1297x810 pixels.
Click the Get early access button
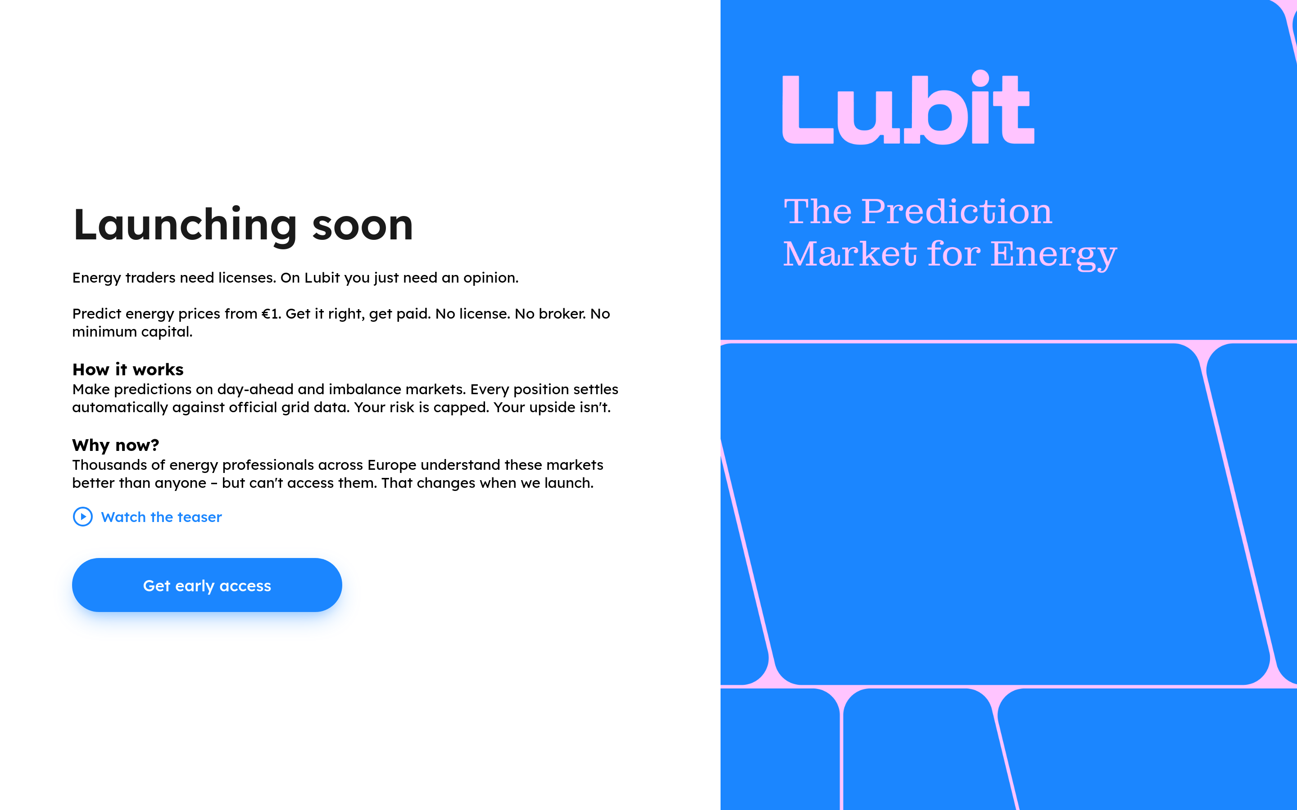(x=207, y=585)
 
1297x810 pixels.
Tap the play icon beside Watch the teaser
(x=82, y=517)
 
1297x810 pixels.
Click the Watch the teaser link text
(x=161, y=517)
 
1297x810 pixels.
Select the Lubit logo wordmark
(x=908, y=109)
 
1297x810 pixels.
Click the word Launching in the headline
(x=185, y=225)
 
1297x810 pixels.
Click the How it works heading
(x=127, y=369)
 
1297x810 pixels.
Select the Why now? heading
(x=115, y=445)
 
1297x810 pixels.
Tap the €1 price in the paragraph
(x=270, y=314)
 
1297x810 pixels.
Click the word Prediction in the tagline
(x=957, y=211)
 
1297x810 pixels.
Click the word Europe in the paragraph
(x=391, y=465)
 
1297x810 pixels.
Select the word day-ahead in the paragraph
(x=255, y=389)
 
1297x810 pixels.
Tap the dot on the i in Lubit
(x=980, y=78)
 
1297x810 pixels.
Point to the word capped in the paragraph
(x=460, y=408)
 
